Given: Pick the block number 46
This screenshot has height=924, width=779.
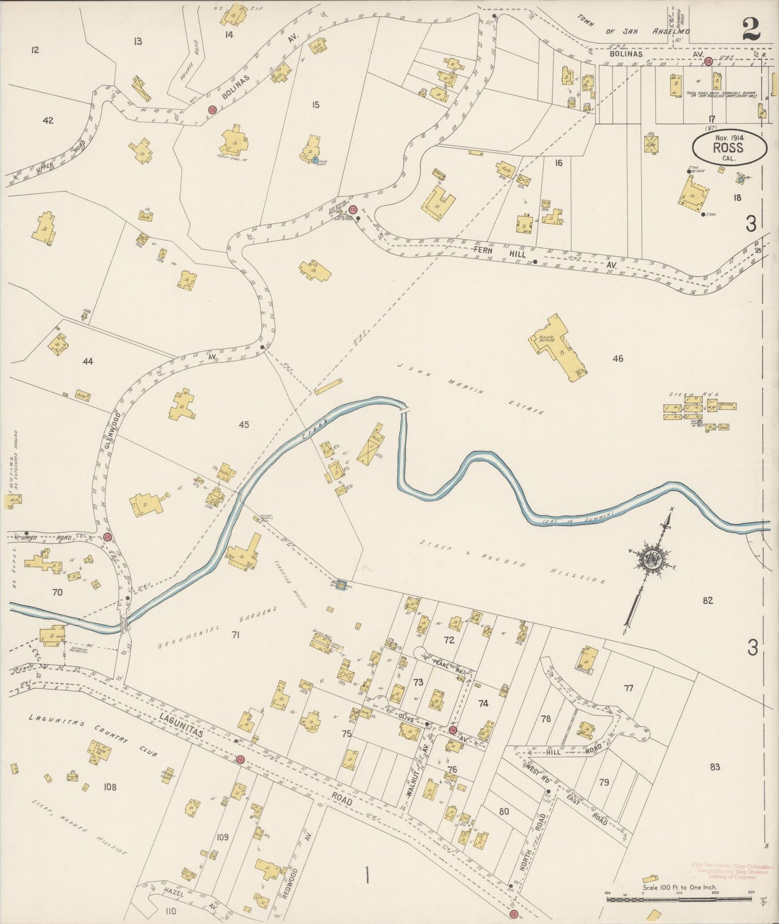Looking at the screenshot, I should point(618,358).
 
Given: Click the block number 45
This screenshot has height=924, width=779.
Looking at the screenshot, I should point(244,425).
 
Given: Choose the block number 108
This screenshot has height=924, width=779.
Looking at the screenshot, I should point(110,787).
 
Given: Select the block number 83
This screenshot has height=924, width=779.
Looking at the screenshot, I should point(715,767).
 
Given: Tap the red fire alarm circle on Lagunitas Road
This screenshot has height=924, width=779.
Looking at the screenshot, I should point(240,759).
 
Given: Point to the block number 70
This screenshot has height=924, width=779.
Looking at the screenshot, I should point(57,592).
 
